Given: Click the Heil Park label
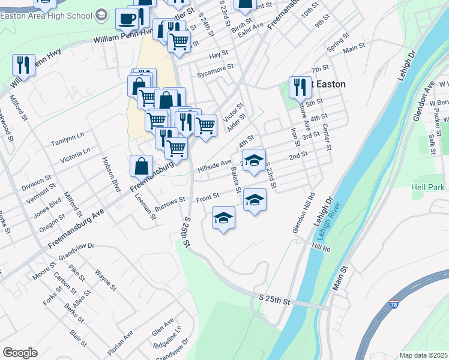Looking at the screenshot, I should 428,188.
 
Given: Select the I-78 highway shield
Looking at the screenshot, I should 394,306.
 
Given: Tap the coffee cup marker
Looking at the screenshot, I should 127,19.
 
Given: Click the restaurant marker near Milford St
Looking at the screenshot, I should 23,64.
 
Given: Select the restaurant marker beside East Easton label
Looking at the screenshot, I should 299,87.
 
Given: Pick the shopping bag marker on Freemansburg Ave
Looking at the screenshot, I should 141,165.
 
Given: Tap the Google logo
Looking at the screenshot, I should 20,353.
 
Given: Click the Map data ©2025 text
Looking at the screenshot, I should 423,355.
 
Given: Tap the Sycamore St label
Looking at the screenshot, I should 215,70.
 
